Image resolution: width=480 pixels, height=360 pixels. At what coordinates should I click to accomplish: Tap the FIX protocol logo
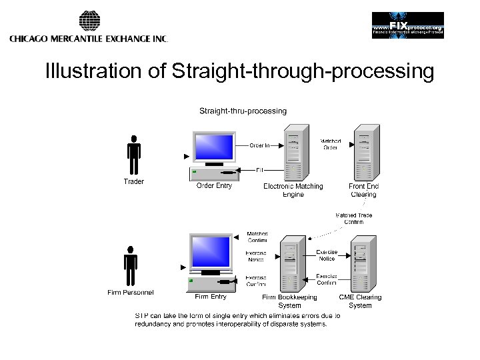point(407,25)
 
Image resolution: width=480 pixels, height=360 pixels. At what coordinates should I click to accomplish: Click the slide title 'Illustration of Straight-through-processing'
point(239,70)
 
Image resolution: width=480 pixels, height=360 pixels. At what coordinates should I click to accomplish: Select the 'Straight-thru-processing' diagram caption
point(243,110)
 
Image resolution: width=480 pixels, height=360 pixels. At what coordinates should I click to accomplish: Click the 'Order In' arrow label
point(260,145)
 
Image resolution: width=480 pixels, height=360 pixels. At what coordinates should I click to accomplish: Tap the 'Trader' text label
point(134,181)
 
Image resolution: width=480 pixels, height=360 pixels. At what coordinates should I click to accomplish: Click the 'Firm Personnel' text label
point(131,292)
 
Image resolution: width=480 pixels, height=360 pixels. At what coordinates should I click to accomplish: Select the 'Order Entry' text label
point(214,185)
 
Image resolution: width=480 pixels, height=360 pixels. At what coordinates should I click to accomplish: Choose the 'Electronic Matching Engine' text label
point(293,190)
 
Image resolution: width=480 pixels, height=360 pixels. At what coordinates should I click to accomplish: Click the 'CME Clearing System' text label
point(360,301)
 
